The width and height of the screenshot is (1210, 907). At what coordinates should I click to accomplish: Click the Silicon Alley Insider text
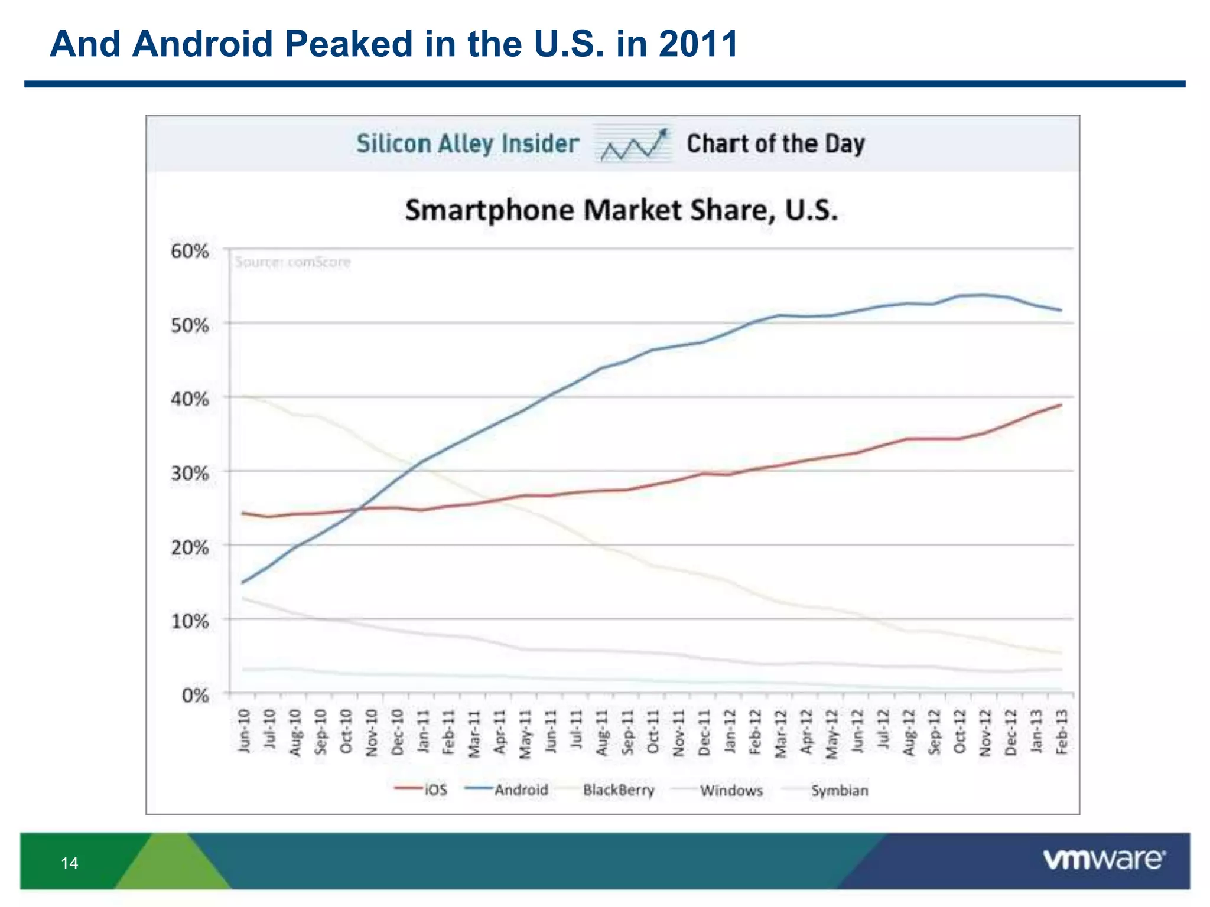(x=467, y=144)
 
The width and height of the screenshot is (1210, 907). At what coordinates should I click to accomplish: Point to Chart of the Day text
(x=775, y=144)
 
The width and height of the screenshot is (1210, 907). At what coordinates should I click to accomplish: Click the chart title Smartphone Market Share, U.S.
(x=621, y=211)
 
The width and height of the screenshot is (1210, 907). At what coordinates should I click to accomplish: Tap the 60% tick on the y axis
(x=190, y=252)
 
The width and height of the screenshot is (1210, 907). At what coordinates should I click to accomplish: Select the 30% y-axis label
(x=190, y=474)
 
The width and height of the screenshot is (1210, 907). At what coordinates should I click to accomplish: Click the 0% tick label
(x=195, y=696)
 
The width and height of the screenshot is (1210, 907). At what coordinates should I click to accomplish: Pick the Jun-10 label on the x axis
(x=244, y=731)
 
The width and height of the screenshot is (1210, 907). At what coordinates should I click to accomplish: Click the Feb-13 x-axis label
(x=1062, y=731)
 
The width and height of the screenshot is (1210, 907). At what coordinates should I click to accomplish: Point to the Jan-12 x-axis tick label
(x=730, y=731)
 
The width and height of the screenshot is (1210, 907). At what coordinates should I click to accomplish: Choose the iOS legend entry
(x=435, y=790)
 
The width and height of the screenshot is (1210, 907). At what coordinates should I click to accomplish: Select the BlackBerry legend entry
(x=618, y=790)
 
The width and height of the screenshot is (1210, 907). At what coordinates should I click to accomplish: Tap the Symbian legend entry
(x=839, y=791)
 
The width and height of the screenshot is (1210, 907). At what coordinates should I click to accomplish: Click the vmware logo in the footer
(x=1104, y=860)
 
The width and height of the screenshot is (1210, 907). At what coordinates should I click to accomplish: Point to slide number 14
(x=69, y=863)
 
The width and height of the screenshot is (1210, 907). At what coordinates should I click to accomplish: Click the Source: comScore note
(x=292, y=262)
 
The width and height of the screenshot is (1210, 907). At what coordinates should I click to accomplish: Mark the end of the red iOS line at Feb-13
(x=1061, y=405)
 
